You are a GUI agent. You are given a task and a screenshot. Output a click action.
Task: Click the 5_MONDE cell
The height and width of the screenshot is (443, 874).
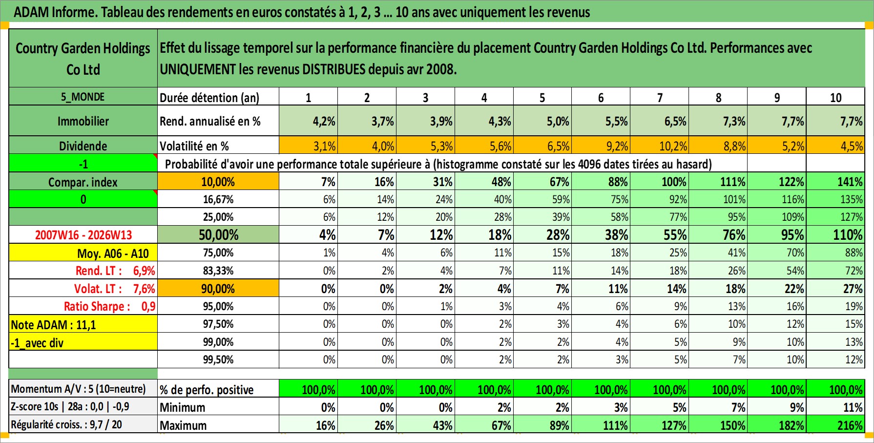point(83,97)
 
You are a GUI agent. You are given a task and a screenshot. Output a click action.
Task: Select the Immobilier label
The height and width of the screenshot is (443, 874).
point(83,121)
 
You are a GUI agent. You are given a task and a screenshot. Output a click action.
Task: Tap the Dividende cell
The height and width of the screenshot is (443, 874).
point(83,146)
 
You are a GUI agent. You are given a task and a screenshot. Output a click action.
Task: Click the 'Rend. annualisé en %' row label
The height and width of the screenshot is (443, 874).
point(210,121)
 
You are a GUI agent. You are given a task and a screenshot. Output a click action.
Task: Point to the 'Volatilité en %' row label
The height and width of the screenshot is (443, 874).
point(194,146)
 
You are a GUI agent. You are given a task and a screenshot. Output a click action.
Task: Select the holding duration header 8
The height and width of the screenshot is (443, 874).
point(718,97)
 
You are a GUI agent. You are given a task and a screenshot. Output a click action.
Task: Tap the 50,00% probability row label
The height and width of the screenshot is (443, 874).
point(218,235)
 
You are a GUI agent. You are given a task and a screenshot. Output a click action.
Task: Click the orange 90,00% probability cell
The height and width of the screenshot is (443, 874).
point(218,289)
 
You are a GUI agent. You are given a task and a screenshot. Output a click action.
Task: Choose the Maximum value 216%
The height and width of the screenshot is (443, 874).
point(850,425)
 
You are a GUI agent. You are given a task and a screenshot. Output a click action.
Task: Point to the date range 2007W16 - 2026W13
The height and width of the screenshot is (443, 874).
point(83,235)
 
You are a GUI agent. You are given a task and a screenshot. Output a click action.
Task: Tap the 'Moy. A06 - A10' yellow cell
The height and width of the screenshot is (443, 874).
point(112,253)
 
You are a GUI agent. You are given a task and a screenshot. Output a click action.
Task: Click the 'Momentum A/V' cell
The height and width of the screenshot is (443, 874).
point(79,389)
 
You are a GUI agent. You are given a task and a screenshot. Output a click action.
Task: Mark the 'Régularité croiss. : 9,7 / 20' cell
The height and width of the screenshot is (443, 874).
point(66,424)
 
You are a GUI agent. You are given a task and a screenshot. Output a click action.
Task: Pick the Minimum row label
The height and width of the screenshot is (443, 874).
point(183,407)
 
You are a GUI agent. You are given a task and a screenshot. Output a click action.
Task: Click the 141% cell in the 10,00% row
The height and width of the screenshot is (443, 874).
point(850,182)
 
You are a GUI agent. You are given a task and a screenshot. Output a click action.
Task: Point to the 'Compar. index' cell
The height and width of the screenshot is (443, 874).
point(83,182)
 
